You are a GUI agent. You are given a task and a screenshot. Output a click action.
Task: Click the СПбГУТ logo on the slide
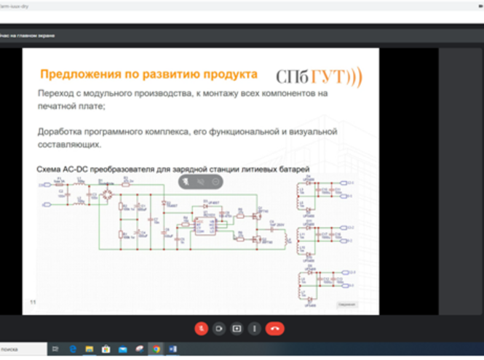tap(318, 77)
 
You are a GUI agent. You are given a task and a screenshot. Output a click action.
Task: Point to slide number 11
tap(32, 301)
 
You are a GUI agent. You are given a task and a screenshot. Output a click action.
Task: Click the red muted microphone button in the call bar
tap(202, 328)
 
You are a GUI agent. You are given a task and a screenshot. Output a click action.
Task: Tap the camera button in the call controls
tap(219, 328)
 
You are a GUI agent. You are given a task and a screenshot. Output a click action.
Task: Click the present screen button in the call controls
tap(237, 328)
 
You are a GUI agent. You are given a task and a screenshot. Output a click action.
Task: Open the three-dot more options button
tap(254, 328)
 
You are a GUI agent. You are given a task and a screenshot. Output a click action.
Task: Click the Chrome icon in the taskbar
tap(156, 350)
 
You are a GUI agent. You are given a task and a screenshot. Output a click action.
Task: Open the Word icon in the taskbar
tap(173, 350)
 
